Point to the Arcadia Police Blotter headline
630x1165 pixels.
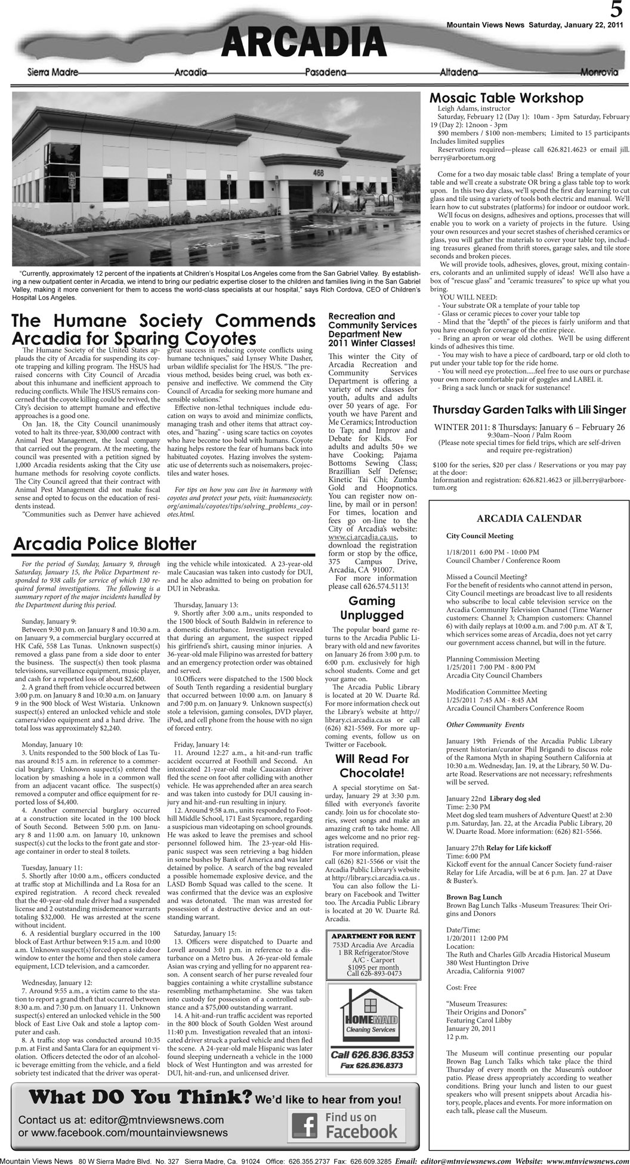tap(104, 543)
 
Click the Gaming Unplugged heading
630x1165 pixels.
tap(372, 607)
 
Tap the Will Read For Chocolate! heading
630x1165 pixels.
tap(372, 766)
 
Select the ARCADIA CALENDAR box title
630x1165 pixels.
tap(528, 518)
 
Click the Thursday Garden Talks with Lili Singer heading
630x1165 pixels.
tap(529, 410)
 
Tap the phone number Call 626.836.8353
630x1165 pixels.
tap(372, 1055)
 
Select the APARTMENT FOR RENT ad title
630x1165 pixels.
tap(372, 936)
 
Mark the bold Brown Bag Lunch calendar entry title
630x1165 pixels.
tap(474, 897)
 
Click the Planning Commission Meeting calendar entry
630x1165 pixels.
tap(493, 659)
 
